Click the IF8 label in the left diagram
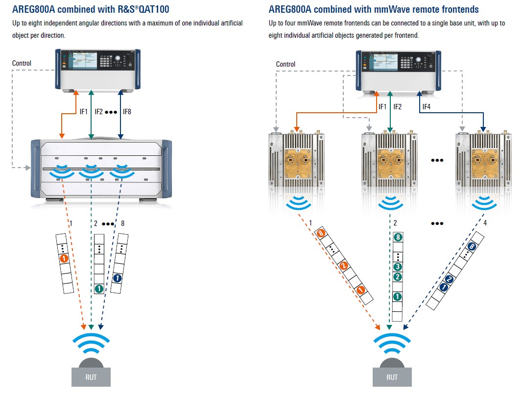(x=127, y=112)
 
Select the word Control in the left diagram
(x=22, y=63)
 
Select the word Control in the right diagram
(x=285, y=64)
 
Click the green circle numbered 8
(x=398, y=238)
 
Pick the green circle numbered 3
(x=398, y=267)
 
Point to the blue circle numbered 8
(x=472, y=247)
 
